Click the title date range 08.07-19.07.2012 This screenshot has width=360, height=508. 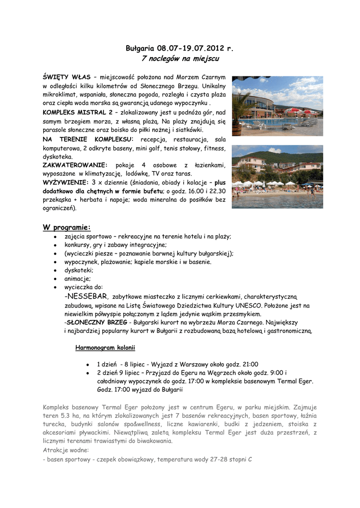[x=191, y=49]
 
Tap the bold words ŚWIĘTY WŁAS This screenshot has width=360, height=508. [x=67, y=77]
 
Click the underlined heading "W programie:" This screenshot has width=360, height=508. [x=67, y=227]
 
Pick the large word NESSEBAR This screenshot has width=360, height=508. [x=88, y=296]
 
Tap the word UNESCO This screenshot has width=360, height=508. [x=253, y=306]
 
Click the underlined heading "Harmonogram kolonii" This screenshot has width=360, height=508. [x=105, y=347]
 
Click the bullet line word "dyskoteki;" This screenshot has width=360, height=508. [x=78, y=270]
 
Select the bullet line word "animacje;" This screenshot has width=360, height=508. [x=77, y=279]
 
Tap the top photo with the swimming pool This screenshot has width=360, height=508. [x=277, y=106]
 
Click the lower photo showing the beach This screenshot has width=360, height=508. [x=277, y=176]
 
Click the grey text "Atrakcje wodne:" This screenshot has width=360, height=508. [x=66, y=450]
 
